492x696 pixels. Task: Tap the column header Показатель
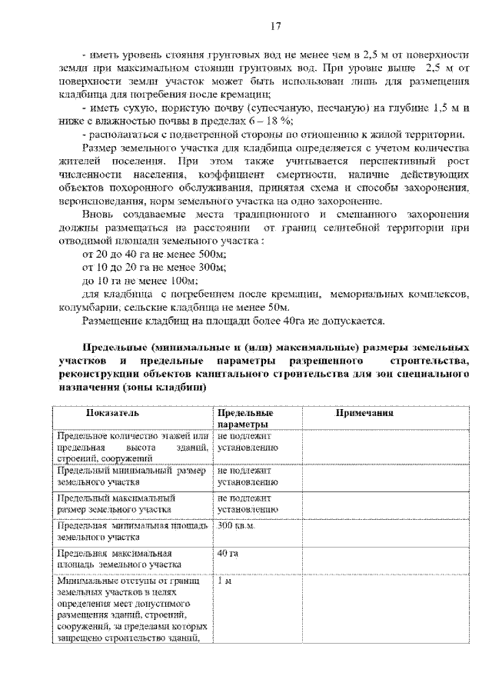pyautogui.click(x=112, y=413)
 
